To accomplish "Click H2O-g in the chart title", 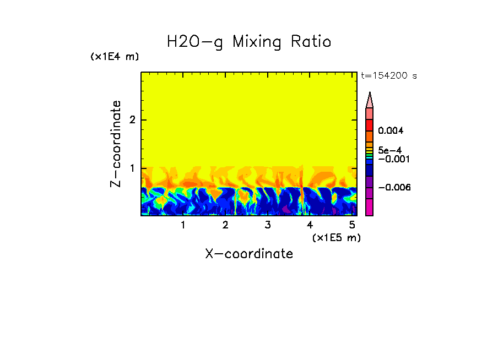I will (x=195, y=42).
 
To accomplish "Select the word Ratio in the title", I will (x=312, y=42).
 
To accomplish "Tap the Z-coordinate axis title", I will (x=116, y=144).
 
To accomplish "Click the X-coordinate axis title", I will (x=249, y=254).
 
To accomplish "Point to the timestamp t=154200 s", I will (x=388, y=76).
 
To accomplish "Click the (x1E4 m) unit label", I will (x=115, y=57).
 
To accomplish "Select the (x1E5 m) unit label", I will (x=336, y=237).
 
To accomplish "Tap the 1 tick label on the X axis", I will (x=183, y=225).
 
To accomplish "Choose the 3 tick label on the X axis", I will (x=268, y=225).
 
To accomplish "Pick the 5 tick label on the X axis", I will (x=352, y=225).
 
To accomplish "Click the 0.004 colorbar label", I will (x=391, y=131).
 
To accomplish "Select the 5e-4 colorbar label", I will (x=389, y=150).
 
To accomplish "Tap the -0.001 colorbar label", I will (x=393, y=159).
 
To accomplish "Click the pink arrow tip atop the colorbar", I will (x=370, y=100).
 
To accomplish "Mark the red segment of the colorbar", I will (x=370, y=124).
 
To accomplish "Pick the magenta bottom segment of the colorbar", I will (x=370, y=208).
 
